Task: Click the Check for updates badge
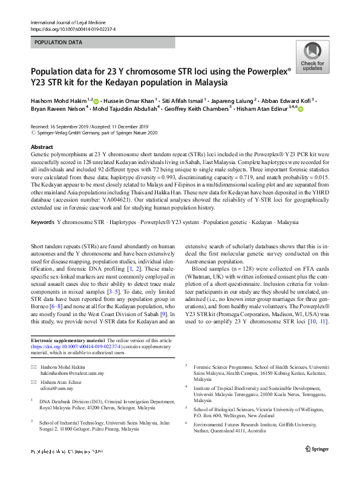[312, 58]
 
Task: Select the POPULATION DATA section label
[59, 42]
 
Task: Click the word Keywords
[42, 222]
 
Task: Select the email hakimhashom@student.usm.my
[72, 373]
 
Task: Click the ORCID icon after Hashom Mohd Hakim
[96, 101]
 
